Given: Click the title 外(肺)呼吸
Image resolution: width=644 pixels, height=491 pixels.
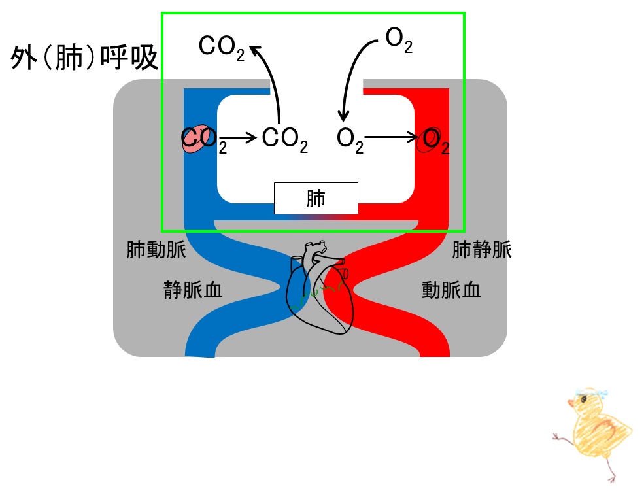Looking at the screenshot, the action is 84,57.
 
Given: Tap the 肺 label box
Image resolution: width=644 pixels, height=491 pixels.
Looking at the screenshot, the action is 316,198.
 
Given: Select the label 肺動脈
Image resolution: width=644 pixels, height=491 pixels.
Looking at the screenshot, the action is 156,250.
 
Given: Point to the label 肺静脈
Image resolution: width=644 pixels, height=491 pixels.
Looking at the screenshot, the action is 482,250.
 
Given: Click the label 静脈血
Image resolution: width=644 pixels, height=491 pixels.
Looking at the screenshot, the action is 193,290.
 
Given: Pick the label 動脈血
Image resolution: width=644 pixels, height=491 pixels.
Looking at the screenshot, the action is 451,290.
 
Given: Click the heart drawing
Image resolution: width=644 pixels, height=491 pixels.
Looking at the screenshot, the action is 320,288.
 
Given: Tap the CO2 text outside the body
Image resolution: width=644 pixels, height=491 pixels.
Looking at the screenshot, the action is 222,48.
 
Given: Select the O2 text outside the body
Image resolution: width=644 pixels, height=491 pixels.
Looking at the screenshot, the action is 399,41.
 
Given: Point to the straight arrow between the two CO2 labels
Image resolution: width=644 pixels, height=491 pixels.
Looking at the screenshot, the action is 238,137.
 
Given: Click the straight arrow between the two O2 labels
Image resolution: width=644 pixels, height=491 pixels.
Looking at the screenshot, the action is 392,137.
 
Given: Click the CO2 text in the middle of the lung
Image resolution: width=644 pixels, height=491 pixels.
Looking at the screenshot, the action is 284,140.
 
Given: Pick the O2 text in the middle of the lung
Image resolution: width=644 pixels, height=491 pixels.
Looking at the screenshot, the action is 350,141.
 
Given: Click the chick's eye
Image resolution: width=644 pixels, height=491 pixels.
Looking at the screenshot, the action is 584,399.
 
